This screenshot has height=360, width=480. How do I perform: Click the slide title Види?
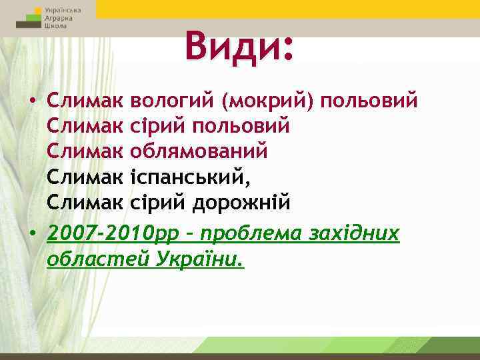click(x=239, y=46)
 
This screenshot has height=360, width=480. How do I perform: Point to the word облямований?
click(x=200, y=151)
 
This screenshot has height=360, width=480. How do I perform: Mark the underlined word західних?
click(x=352, y=234)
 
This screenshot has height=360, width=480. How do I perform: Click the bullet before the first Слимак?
click(x=33, y=101)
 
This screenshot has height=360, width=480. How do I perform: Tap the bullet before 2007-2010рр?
click(x=33, y=235)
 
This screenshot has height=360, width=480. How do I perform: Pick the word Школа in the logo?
click(x=55, y=28)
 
